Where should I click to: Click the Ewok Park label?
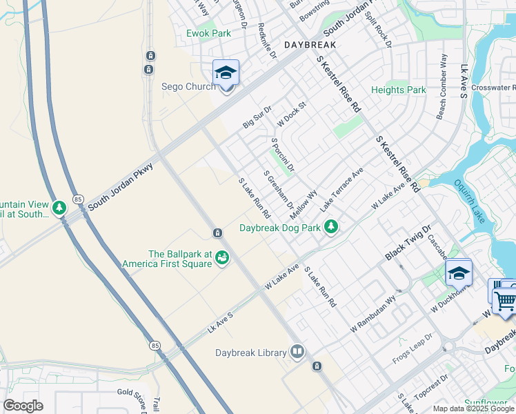tap(208, 33)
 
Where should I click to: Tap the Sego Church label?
tap(188, 87)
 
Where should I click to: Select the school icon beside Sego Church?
tap(226, 72)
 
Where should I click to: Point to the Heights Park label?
tap(398, 90)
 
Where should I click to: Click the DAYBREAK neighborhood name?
tap(310, 44)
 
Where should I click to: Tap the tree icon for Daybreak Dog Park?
tap(332, 226)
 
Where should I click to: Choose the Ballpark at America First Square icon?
tap(222, 257)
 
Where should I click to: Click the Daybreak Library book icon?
tap(297, 353)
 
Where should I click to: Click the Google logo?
tap(23, 406)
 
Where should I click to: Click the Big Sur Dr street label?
tap(257, 117)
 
